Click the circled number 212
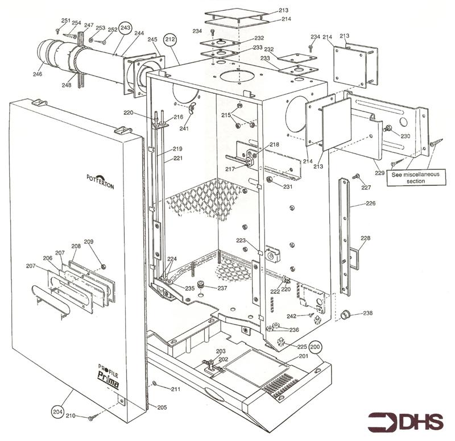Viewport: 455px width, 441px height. (x=169, y=39)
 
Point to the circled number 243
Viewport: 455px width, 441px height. (x=125, y=28)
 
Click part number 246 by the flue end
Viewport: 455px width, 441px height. (x=38, y=73)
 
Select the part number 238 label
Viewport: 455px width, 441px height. (x=368, y=313)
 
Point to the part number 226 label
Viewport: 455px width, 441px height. (x=370, y=202)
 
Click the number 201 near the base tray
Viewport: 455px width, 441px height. (x=303, y=356)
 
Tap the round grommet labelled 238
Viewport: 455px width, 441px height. (x=344, y=314)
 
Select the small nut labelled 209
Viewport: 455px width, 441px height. (x=103, y=267)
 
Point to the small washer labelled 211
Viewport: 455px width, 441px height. (x=154, y=384)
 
